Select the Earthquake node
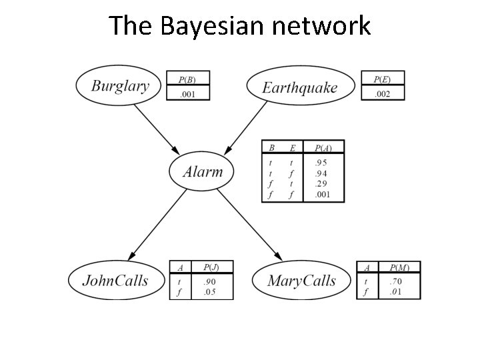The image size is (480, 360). click(x=300, y=87)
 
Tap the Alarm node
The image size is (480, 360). click(x=203, y=171)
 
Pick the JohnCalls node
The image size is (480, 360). click(x=115, y=280)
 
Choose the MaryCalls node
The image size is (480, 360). click(x=301, y=281)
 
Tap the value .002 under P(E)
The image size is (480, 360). click(x=382, y=94)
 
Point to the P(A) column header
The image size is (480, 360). click(x=323, y=147)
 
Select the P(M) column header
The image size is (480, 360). click(x=399, y=267)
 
